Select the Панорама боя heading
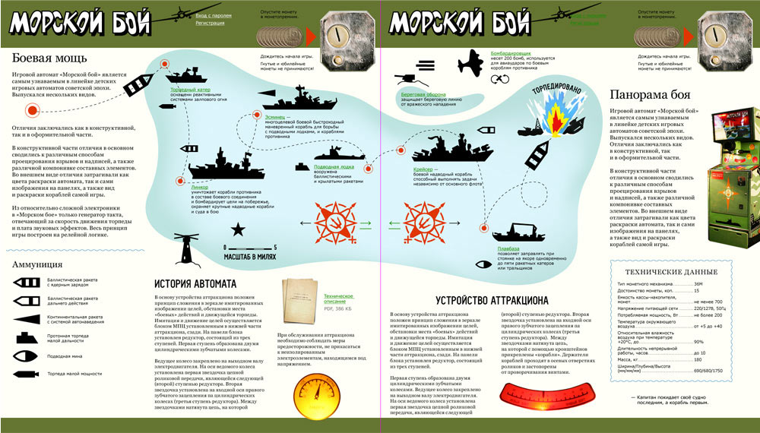[x=651, y=95]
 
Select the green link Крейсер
[x=423, y=169]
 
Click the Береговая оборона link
[x=423, y=95]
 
